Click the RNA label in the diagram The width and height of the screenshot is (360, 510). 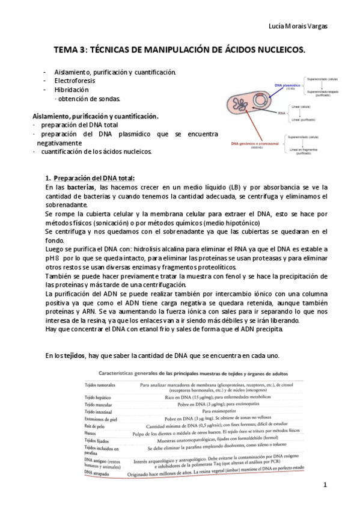tap(282, 112)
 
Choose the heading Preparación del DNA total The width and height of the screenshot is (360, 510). tap(94, 177)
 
